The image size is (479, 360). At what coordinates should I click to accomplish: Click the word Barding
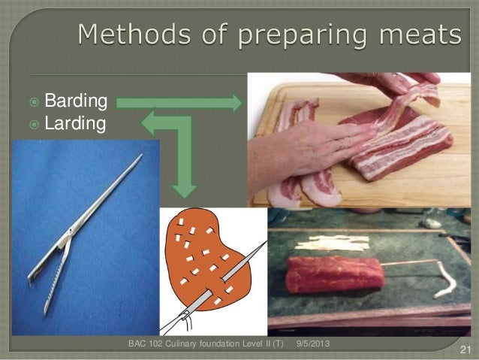coord(76,101)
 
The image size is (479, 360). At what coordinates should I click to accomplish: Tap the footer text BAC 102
coord(146,343)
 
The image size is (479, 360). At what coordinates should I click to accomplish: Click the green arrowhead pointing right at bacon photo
coord(237,101)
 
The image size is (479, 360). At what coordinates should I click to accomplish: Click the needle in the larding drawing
coord(233,282)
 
